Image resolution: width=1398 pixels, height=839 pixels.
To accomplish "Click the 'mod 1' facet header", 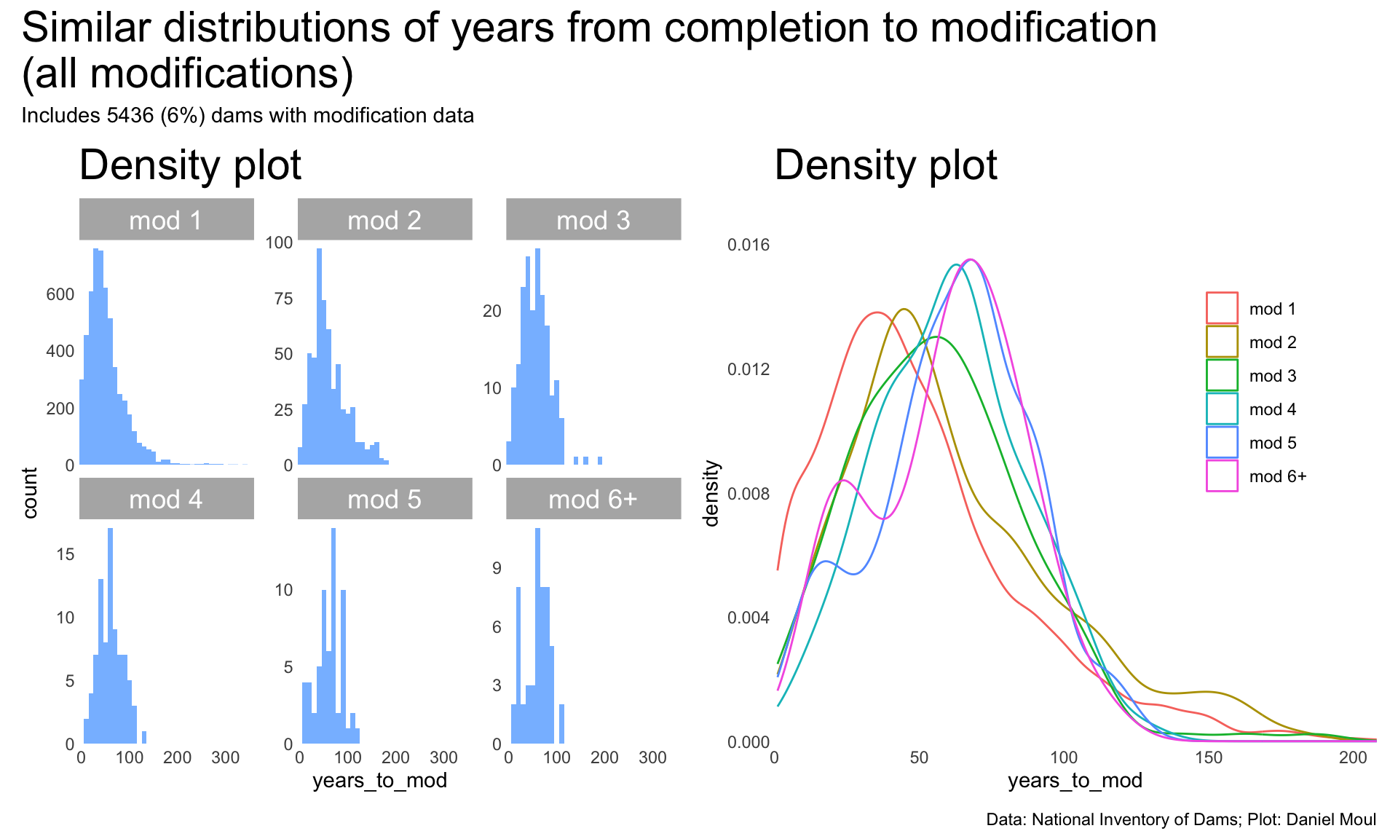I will [x=166, y=219].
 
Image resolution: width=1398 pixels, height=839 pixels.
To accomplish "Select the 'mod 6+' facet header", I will [x=593, y=499].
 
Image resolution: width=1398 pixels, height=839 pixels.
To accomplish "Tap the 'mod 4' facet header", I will [x=166, y=499].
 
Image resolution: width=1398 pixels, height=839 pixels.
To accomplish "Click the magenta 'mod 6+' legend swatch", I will [x=1222, y=476].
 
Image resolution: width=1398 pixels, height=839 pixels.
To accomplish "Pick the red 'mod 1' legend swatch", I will [x=1222, y=308].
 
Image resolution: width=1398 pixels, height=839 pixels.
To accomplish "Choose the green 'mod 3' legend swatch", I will [x=1222, y=375].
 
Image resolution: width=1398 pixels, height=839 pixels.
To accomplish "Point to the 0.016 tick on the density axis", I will [x=748, y=245].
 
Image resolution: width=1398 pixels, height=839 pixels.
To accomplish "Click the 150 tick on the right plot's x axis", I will [x=1209, y=757].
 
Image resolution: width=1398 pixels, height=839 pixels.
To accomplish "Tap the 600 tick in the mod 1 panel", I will [x=60, y=294].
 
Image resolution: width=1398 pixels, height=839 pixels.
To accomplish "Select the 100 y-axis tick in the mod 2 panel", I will [x=279, y=243].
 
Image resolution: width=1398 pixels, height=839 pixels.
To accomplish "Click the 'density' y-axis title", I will [x=711, y=493].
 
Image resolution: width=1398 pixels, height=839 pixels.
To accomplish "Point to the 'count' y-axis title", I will [x=30, y=493].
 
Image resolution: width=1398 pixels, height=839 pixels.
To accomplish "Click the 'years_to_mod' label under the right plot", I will [x=1075, y=781].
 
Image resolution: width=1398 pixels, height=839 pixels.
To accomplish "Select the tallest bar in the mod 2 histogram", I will [x=319, y=357].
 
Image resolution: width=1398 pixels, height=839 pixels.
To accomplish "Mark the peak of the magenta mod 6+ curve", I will [x=971, y=260].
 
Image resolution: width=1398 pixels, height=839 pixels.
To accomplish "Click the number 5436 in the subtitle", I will [x=132, y=115].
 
